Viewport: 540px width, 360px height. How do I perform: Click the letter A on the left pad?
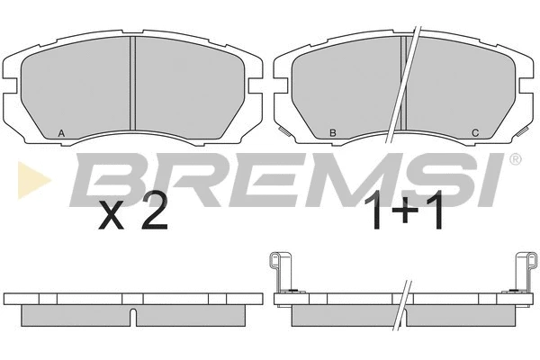click(61, 133)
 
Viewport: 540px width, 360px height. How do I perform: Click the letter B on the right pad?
click(333, 133)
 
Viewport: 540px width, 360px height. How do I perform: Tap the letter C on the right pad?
click(475, 133)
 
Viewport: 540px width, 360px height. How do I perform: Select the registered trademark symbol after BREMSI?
click(515, 159)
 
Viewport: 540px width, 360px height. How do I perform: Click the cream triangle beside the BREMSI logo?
click(32, 180)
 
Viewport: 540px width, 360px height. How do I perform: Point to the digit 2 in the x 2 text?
click(154, 210)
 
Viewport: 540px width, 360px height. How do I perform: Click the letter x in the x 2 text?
click(111, 215)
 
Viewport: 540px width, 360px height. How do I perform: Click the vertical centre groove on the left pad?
click(133, 84)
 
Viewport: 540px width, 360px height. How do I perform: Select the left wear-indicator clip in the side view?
click(280, 272)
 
